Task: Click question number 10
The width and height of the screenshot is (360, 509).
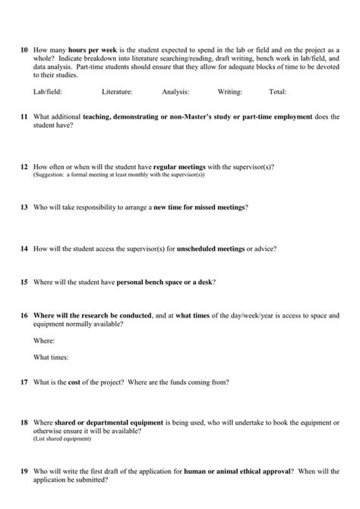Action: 24,47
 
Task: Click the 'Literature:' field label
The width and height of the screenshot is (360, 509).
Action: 117,92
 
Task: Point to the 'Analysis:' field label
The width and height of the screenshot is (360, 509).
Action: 175,92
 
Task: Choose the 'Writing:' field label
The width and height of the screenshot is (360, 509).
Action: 229,92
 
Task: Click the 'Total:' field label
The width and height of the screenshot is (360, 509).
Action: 277,92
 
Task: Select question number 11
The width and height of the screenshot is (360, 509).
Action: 24,118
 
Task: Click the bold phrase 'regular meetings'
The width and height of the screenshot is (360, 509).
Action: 182,166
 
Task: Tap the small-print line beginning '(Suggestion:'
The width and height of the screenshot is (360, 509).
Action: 118,175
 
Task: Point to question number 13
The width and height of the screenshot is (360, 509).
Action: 24,207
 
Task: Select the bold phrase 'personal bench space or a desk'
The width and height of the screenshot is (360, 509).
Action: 165,282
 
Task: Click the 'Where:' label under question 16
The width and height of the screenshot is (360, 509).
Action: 44,341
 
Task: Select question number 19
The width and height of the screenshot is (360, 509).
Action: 24,472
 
